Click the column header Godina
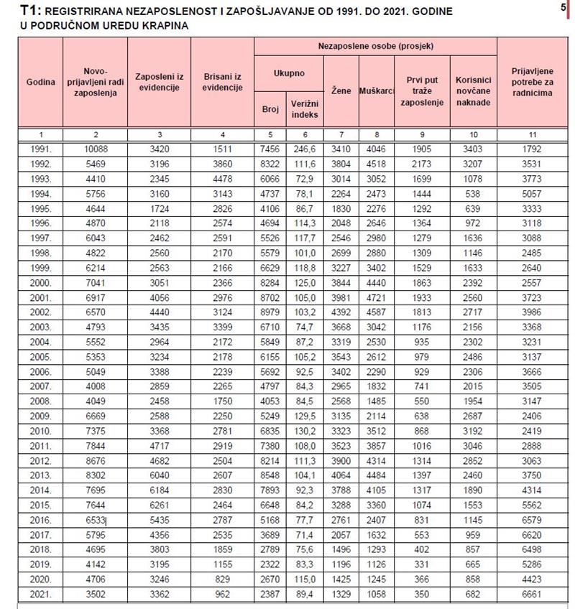tap(41, 82)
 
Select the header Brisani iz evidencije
tap(223, 82)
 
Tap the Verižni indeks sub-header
tap(305, 109)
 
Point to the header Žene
tap(341, 91)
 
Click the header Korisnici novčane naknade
tap(473, 91)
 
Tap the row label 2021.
tap(41, 593)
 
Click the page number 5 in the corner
tap(562, 7)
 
